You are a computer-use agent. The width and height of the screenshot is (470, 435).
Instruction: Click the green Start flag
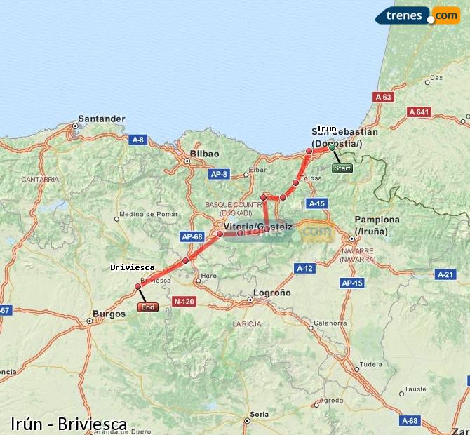(x=342, y=168)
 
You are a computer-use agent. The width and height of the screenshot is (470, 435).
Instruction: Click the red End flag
(x=148, y=307)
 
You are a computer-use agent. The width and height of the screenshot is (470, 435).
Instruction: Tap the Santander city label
(x=102, y=119)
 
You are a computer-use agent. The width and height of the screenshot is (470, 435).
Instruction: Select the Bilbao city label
(x=205, y=154)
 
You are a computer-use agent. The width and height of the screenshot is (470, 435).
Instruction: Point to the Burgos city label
(x=108, y=314)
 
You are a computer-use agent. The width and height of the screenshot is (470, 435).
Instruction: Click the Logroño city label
(x=271, y=293)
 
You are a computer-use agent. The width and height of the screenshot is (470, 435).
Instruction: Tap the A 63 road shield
(x=383, y=97)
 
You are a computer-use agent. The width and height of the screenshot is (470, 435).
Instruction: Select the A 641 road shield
(x=419, y=112)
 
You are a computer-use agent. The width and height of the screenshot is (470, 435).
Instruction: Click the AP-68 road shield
(x=192, y=236)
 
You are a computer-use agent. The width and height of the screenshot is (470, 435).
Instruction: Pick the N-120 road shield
(x=184, y=302)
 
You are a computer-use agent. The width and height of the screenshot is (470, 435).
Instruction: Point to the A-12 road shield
(x=304, y=268)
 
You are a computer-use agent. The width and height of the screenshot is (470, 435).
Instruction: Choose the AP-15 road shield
(x=351, y=283)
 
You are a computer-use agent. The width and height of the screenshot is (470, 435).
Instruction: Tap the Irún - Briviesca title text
(x=69, y=424)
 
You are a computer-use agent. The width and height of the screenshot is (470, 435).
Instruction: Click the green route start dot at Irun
(x=332, y=147)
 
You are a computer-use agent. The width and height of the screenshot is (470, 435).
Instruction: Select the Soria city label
(x=260, y=414)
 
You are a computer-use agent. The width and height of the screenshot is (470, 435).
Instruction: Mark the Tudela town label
(x=371, y=365)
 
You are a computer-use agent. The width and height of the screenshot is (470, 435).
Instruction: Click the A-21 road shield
(x=445, y=274)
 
